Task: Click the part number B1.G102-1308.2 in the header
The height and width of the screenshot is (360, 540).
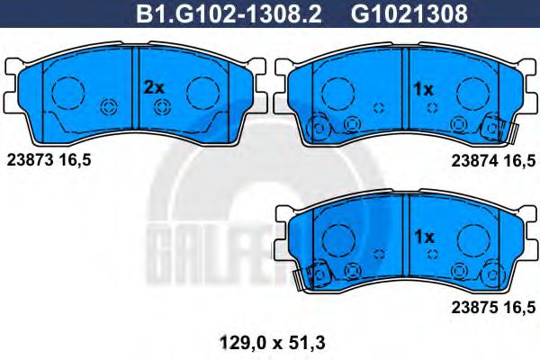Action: (229, 14)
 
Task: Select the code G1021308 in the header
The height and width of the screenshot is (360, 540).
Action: (409, 14)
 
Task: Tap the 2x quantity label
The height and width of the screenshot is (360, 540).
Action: (154, 87)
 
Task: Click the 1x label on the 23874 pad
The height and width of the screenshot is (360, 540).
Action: (423, 90)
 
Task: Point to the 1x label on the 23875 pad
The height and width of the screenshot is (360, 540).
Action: (424, 237)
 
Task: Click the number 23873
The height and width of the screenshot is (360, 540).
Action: (31, 160)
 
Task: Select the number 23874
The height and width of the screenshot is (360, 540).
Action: (475, 160)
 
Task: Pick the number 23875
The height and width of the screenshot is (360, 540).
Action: (475, 307)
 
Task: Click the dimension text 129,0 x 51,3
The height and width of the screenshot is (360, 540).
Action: (272, 343)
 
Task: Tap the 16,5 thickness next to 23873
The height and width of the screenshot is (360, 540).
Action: (75, 160)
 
